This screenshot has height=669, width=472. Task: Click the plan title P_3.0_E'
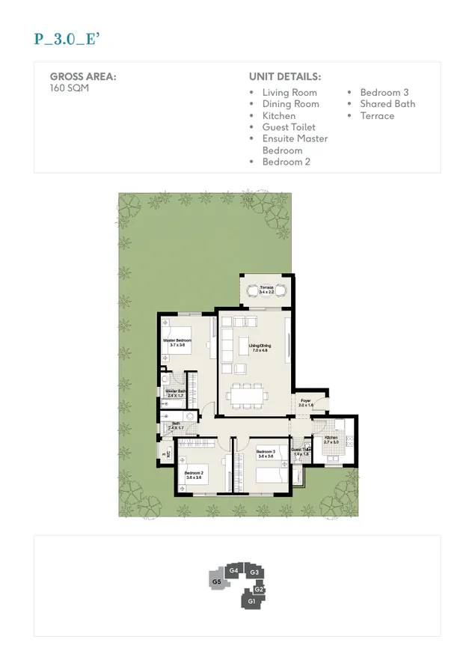67,40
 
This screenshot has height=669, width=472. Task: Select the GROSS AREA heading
83,76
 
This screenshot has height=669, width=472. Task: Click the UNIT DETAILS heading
285,76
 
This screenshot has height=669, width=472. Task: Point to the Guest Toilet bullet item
289,127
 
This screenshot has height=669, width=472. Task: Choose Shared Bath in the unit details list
387,104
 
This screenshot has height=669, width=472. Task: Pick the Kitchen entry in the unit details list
279,116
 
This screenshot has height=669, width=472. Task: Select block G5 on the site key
216,581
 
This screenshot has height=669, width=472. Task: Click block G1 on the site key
251,601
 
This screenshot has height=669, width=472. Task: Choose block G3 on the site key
254,572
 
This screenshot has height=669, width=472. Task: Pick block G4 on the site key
233,571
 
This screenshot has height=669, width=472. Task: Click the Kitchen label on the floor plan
331,439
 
